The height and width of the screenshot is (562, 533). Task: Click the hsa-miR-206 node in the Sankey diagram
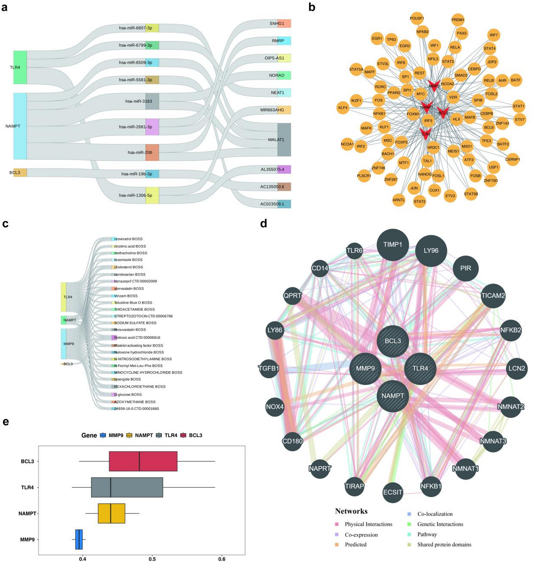pyautogui.click(x=152, y=152)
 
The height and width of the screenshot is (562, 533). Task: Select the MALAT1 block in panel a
pyautogui.click(x=284, y=140)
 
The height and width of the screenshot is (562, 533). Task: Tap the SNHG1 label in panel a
pyautogui.click(x=277, y=24)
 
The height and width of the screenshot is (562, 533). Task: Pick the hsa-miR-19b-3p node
pyautogui.click(x=152, y=174)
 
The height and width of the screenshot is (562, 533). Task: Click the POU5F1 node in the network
pyautogui.click(x=417, y=19)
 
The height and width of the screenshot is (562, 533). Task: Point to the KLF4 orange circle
pyautogui.click(x=343, y=108)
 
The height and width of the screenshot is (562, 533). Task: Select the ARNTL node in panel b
pyautogui.click(x=399, y=200)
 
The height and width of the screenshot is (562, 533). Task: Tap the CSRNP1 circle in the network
pyautogui.click(x=512, y=159)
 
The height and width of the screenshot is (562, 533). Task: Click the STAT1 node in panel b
pyautogui.click(x=518, y=106)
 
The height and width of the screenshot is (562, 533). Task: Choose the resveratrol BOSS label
pyautogui.click(x=128, y=239)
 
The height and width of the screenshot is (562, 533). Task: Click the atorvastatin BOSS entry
pyautogui.click(x=129, y=289)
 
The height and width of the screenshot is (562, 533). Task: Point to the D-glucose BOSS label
pyautogui.click(x=128, y=395)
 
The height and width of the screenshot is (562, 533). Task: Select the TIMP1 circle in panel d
pyautogui.click(x=393, y=245)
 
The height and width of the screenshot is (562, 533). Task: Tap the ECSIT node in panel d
pyautogui.click(x=393, y=492)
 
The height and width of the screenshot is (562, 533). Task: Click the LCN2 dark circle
pyautogui.click(x=516, y=368)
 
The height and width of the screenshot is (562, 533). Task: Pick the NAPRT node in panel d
pyautogui.click(x=320, y=469)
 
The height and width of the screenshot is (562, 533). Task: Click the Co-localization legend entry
pyautogui.click(x=435, y=514)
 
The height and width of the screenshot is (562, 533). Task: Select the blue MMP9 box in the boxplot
pyautogui.click(x=79, y=539)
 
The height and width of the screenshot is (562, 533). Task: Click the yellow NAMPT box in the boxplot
pyautogui.click(x=111, y=513)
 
